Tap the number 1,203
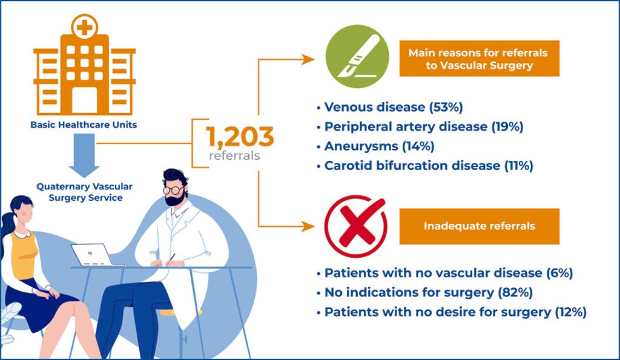point(240,137)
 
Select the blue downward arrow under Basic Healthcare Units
point(84,155)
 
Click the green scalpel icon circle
point(357,56)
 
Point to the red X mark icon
point(356,226)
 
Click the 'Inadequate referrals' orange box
point(480,226)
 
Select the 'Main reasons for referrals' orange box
point(480,59)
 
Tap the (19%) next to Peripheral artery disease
point(507,126)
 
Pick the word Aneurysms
point(361,146)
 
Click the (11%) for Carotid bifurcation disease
point(519,165)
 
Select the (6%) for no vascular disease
point(559,273)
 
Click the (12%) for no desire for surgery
point(570,312)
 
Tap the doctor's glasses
point(173,191)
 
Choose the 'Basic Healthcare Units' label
point(84,125)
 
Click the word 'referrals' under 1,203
point(235,155)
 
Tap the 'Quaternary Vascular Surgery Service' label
point(84,192)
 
